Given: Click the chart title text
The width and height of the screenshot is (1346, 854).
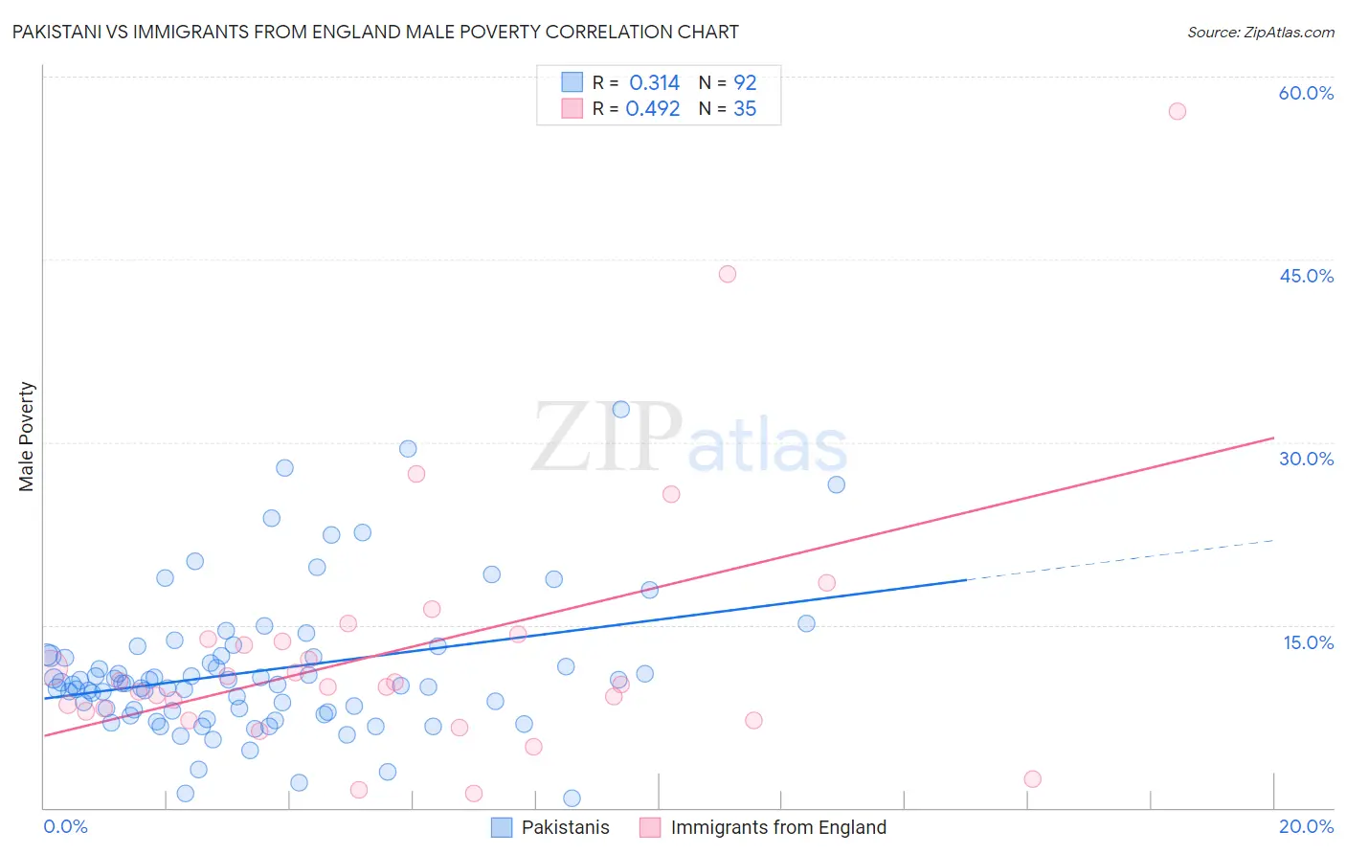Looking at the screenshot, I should click(375, 32).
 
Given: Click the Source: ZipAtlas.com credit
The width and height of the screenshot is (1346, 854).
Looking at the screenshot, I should click(1260, 33).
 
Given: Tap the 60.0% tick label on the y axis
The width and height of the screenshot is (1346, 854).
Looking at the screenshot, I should click(1306, 93).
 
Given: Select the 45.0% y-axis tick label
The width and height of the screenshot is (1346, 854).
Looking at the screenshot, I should click(1306, 276).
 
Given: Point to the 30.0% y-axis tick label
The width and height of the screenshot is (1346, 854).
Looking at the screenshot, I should click(1306, 459).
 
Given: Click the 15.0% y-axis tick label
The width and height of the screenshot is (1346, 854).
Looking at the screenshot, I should click(1308, 642).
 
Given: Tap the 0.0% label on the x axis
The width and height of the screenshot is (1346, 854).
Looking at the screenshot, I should click(65, 826).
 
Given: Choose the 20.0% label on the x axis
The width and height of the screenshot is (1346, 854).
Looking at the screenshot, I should click(1306, 826).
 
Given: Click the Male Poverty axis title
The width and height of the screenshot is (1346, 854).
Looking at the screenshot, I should click(27, 437).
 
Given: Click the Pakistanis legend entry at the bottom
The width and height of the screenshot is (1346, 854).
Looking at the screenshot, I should click(565, 827).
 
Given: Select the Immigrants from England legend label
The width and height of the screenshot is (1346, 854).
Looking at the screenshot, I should click(778, 827).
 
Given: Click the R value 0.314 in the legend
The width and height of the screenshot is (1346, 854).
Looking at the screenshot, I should click(654, 83).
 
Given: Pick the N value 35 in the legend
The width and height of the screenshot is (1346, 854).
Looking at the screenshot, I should click(745, 109).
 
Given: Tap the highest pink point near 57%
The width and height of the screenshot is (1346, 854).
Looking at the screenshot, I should click(1178, 111).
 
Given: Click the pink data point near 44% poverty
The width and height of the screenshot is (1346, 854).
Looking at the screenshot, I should click(728, 274).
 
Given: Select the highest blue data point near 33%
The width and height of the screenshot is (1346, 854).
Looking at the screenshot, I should click(621, 409).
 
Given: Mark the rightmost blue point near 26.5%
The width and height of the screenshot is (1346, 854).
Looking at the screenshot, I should click(837, 484).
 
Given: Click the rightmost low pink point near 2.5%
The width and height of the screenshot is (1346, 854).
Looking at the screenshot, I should click(1032, 779).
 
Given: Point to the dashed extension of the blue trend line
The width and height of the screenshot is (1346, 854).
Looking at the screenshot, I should click(1120, 560).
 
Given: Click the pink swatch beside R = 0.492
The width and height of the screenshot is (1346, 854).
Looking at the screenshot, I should click(572, 108).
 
